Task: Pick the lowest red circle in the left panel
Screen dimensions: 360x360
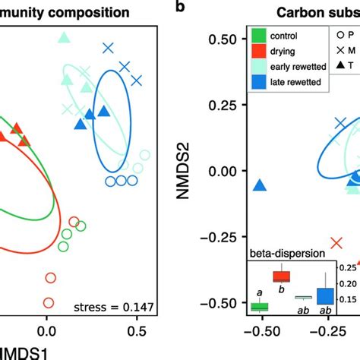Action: tap(49, 302)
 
